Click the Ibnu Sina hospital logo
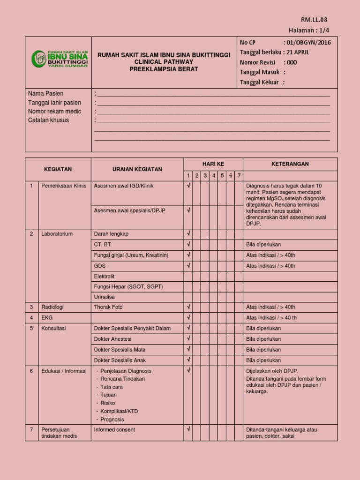click(59, 59)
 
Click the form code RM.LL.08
click(314, 20)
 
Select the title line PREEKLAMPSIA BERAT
click(164, 69)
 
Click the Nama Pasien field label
click(46, 94)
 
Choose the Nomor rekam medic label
click(54, 112)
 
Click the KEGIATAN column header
click(58, 169)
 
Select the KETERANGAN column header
click(290, 164)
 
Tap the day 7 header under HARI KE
click(239, 176)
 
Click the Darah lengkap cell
click(111, 234)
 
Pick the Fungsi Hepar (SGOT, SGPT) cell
click(128, 286)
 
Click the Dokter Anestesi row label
click(112, 339)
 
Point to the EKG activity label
click(47, 318)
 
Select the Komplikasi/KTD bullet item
click(119, 411)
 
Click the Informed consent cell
click(114, 430)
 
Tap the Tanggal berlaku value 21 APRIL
click(298, 52)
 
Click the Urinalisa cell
click(104, 297)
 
